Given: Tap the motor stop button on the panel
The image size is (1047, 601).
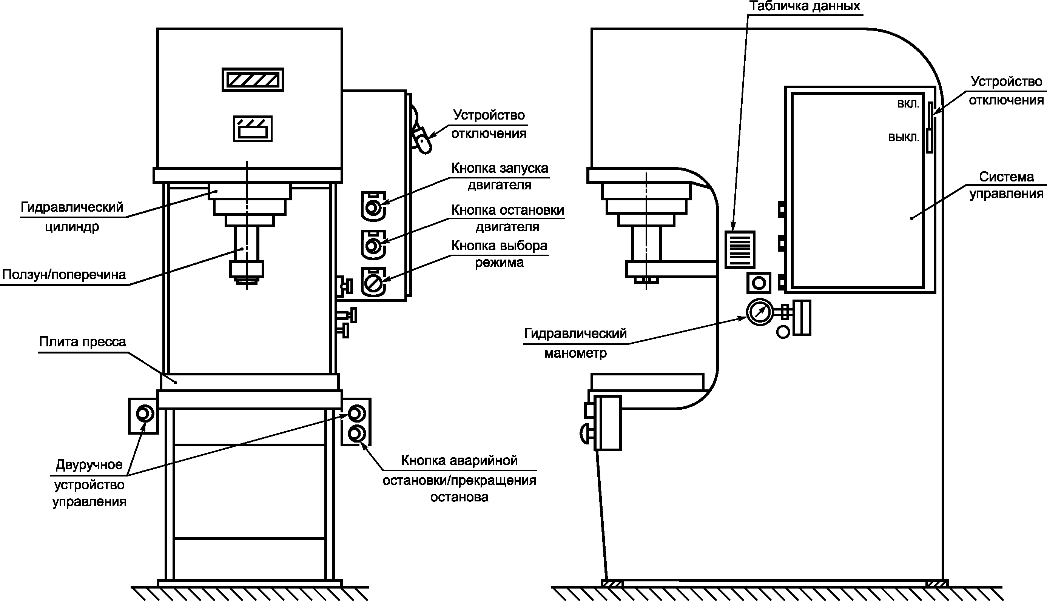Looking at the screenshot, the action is click(x=373, y=245).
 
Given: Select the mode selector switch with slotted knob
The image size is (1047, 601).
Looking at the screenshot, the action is click(x=373, y=283).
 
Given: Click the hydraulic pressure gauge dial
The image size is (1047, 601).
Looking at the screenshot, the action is click(x=760, y=312).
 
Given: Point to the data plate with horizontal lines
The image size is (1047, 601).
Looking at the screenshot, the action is click(x=740, y=250).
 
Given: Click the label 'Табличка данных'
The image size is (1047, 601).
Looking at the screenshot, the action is click(x=805, y=6).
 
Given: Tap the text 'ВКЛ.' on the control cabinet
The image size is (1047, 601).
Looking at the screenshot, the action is click(x=908, y=104).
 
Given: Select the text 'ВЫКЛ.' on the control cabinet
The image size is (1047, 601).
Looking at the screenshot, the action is click(x=904, y=137).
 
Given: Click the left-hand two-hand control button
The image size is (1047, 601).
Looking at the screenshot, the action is click(x=145, y=413).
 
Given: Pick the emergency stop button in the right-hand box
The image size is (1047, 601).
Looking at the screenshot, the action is click(x=356, y=434).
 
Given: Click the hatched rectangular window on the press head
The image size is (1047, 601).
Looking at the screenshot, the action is click(x=253, y=80).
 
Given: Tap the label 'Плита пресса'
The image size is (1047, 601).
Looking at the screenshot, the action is click(x=82, y=342).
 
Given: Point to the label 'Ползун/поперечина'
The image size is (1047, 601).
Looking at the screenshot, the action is click(x=64, y=275).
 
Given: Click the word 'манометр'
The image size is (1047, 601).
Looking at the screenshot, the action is click(x=575, y=354).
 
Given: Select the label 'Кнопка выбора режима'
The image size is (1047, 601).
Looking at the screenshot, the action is click(x=500, y=254).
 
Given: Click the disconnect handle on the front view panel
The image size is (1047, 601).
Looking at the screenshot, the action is click(x=422, y=140).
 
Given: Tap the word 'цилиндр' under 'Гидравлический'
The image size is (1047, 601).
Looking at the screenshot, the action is click(x=72, y=227).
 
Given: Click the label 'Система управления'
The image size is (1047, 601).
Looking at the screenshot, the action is click(x=1006, y=185).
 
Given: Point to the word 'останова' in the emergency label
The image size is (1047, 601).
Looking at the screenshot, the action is click(x=459, y=497).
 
